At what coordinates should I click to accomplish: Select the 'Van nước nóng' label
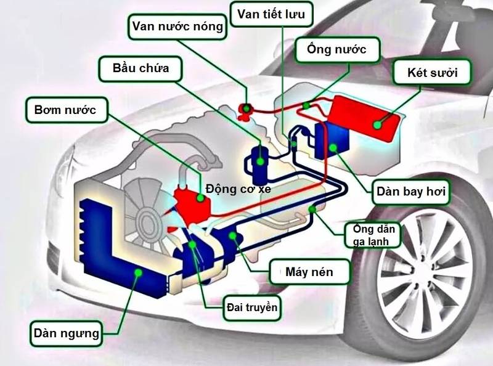tap(176, 26)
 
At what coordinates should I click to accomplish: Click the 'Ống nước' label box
tap(338, 51)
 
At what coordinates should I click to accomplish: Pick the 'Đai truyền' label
tap(252, 306)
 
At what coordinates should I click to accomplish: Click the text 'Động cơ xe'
tap(238, 188)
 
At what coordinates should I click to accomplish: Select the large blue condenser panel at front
tap(117, 246)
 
